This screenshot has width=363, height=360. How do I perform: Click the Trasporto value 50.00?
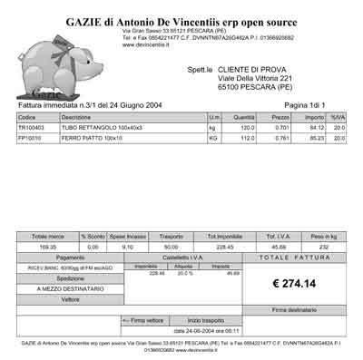tap(171, 246)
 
